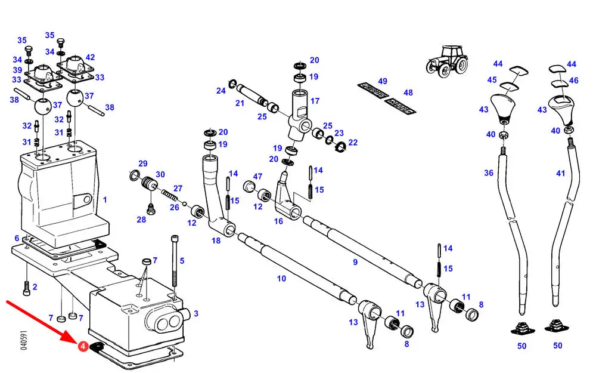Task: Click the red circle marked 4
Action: coord(83,346)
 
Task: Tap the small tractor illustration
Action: coord(446,61)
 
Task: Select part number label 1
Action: coord(105,199)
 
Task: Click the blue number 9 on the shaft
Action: coord(355,262)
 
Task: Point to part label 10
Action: coord(281,278)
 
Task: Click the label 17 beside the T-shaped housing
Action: coord(315,101)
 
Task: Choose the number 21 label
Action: coord(240,103)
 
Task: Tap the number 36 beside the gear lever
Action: coord(489,173)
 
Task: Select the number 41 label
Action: coord(560,173)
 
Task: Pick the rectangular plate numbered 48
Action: coord(400,106)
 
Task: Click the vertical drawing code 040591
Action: coord(23,340)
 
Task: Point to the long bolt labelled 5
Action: coord(174,261)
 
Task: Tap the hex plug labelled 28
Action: coord(151,209)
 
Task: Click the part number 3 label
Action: coord(196,313)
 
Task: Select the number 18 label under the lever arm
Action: coord(216,241)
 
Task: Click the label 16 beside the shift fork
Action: coord(278,221)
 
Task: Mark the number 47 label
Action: coord(257,177)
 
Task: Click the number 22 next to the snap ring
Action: coord(353,143)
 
